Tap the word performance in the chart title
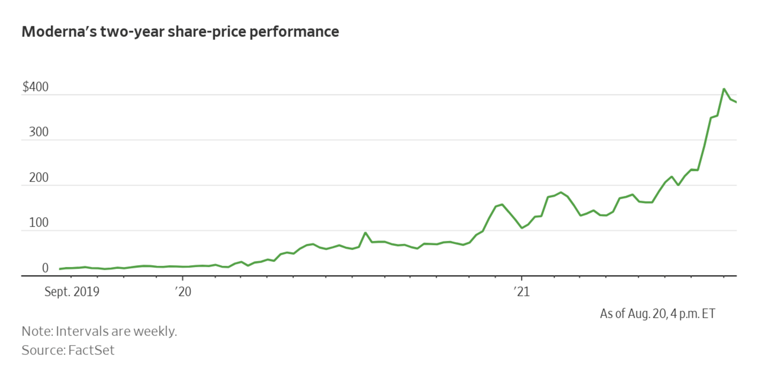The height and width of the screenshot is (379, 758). [x=294, y=32]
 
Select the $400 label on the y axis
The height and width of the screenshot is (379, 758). [x=36, y=87]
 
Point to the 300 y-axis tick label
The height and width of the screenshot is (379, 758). [x=38, y=132]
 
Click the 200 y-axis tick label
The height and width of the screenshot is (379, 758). [x=38, y=178]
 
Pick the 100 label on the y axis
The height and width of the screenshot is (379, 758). [x=38, y=223]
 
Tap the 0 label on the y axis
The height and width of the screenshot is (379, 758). [x=45, y=268]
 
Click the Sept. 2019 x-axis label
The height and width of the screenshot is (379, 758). [x=72, y=292]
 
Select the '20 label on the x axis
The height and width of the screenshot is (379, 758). [x=183, y=292]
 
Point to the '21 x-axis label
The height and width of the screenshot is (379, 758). [x=521, y=292]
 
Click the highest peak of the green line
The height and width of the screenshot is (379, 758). [x=724, y=89]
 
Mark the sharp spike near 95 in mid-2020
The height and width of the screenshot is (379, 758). [x=365, y=233]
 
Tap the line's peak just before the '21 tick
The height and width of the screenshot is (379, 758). [x=502, y=205]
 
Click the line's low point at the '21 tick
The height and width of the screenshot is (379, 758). [x=522, y=228]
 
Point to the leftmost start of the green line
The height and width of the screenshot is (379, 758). [x=60, y=269]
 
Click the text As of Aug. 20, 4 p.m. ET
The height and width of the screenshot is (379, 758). [x=657, y=314]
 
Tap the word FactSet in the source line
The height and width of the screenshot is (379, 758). [x=91, y=350]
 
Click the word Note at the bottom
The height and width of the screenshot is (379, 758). [x=37, y=331]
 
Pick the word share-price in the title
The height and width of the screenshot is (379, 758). [x=207, y=32]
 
